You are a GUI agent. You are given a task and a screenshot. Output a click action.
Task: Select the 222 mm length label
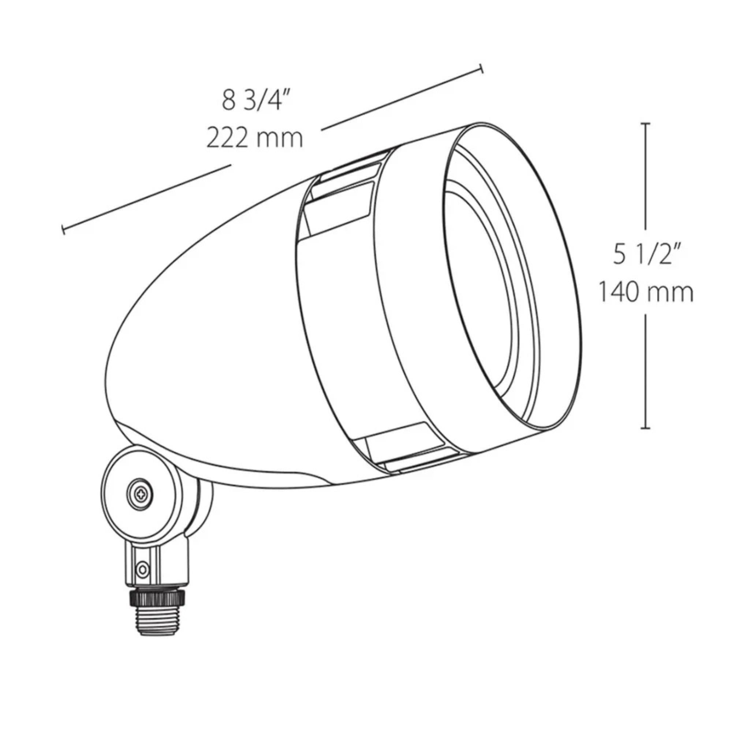(255, 138)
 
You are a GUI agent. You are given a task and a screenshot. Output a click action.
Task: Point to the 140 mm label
(646, 292)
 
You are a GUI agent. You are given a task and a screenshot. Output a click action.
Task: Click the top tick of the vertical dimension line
(646, 124)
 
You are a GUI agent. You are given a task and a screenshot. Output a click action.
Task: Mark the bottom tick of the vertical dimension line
(646, 429)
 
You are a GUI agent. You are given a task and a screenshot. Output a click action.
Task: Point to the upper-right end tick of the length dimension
(482, 69)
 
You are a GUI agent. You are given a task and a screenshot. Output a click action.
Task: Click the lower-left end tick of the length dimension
(63, 229)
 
